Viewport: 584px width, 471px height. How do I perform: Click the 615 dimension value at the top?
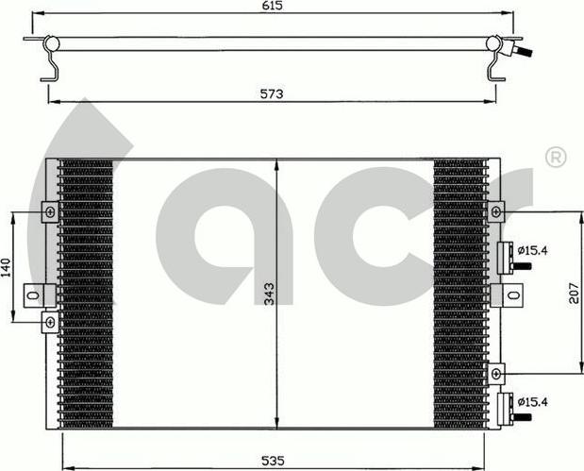coord(273,6)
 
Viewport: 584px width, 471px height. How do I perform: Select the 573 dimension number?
coord(272,93)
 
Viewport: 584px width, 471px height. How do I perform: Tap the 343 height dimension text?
coord(269,294)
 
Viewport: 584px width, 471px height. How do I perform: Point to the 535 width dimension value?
coord(273,461)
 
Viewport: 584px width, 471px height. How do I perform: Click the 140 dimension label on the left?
coord(7,267)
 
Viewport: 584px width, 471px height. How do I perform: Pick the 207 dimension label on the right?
coord(574,294)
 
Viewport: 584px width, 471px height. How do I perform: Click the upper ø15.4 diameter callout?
coord(533,250)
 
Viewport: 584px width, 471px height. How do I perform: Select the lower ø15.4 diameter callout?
coord(533,402)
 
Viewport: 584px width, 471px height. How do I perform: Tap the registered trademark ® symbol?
coord(556,158)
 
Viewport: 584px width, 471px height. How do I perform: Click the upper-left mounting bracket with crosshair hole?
coord(50,212)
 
